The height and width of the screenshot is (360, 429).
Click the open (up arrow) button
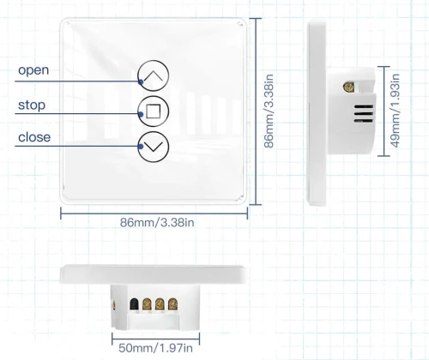[x=154, y=75]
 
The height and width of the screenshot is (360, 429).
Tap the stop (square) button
[x=154, y=111]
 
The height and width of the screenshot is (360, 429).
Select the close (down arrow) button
[x=154, y=147]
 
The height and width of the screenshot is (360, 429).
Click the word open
[x=33, y=70]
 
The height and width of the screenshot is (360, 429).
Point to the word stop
[x=32, y=105]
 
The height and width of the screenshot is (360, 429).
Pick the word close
[x=34, y=137]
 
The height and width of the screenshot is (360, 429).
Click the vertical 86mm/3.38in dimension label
[x=269, y=111]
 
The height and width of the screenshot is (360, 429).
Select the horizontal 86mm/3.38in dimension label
[x=157, y=223]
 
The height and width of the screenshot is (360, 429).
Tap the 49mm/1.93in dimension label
[x=395, y=111]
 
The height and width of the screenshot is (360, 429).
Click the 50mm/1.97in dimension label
[x=155, y=348]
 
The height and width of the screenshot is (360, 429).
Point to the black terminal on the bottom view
[x=134, y=304]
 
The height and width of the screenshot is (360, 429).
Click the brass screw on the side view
[x=349, y=87]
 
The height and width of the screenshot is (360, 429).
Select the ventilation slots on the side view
[x=364, y=113]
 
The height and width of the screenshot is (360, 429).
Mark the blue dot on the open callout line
[x=141, y=82]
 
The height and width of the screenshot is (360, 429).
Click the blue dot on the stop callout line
[x=141, y=115]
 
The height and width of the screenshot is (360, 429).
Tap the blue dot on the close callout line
[x=141, y=147]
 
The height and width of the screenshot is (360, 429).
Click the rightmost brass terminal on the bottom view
[x=172, y=304]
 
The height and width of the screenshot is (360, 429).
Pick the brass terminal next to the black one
[x=147, y=304]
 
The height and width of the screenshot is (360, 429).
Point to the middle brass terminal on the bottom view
[x=160, y=304]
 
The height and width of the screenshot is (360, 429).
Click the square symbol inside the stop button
[x=154, y=111]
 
